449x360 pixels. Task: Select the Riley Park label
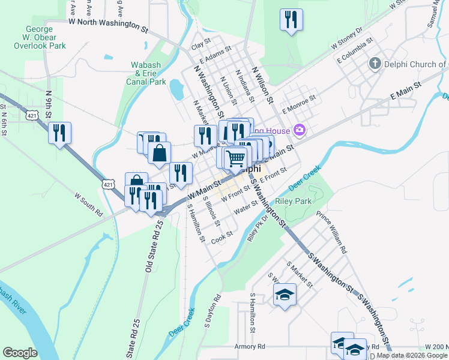tap(293, 202)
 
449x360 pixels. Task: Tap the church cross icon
tap(375, 64)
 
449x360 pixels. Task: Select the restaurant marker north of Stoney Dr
tap(291, 20)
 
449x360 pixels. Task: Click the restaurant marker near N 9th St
tap(59, 133)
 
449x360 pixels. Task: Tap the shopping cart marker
tap(237, 158)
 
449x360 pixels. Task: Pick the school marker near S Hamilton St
tap(284, 295)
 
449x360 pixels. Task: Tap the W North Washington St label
tap(108, 25)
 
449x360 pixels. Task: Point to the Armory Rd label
tap(250, 347)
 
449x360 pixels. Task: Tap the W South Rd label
tap(89, 204)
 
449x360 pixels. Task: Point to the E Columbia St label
tap(355, 52)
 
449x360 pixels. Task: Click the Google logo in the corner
tap(20, 353)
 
